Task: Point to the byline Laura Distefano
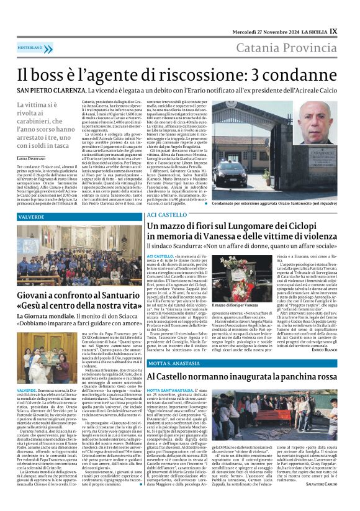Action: pyautogui.click(x=34, y=159)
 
